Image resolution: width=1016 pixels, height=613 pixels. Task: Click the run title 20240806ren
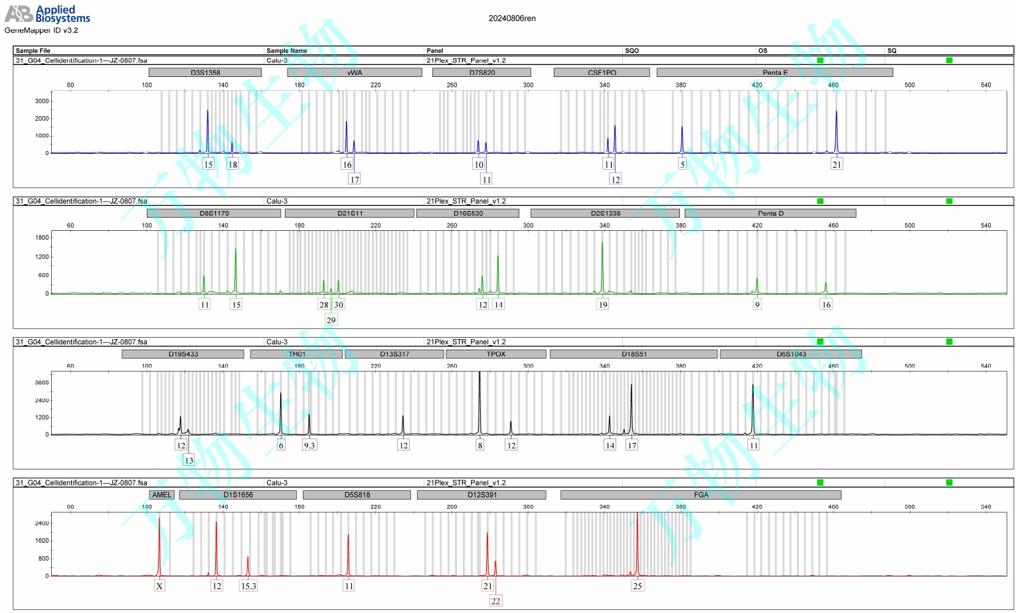512,19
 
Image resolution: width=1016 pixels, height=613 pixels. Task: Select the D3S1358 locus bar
205,72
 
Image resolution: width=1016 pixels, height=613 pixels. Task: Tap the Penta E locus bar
774,72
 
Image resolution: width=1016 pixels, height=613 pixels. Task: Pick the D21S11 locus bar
349,213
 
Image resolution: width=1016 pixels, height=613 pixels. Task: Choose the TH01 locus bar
297,354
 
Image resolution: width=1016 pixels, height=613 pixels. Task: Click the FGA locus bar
701,495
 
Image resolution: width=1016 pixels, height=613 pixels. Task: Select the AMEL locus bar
161,495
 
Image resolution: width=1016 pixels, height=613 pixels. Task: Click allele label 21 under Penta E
837,165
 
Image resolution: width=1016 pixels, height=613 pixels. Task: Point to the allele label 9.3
309,445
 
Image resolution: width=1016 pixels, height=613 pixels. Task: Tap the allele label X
159,586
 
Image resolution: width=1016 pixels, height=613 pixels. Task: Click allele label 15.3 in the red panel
248,586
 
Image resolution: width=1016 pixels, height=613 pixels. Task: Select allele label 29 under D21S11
331,320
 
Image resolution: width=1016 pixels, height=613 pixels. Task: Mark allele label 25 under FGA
637,586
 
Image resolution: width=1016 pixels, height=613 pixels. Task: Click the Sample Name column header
286,50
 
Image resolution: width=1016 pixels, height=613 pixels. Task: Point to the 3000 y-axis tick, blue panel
42,102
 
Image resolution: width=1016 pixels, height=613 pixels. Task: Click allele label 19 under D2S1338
603,305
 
